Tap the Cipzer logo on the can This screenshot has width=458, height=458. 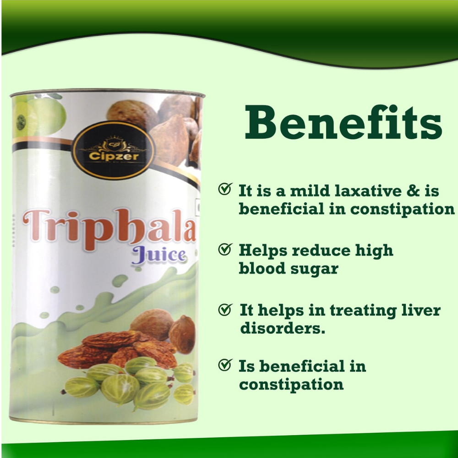[114, 150]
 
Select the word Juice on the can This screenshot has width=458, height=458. [158, 255]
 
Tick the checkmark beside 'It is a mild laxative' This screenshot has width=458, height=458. [225, 189]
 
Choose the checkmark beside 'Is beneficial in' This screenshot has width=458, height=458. [225, 365]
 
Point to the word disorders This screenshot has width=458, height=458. [283, 328]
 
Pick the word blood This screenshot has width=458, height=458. [262, 268]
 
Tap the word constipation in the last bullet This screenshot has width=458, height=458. [291, 385]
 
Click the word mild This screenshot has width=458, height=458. [310, 191]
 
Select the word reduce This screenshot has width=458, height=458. [321, 251]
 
